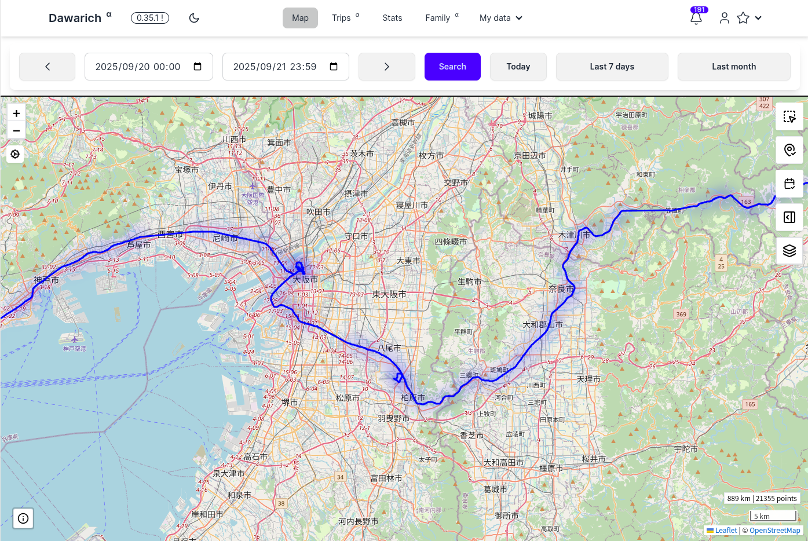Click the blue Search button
452,67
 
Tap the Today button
518,67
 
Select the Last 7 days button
612,67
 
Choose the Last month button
733,67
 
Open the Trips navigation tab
341,18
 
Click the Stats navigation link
392,18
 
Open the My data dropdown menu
500,18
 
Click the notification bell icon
696,18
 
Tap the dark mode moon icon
194,18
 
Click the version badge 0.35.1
150,18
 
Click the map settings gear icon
15,154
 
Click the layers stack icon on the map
789,251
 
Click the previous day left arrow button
47,67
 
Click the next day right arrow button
386,67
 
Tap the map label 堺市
290,403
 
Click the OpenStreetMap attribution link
774,531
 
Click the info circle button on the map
23,518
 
